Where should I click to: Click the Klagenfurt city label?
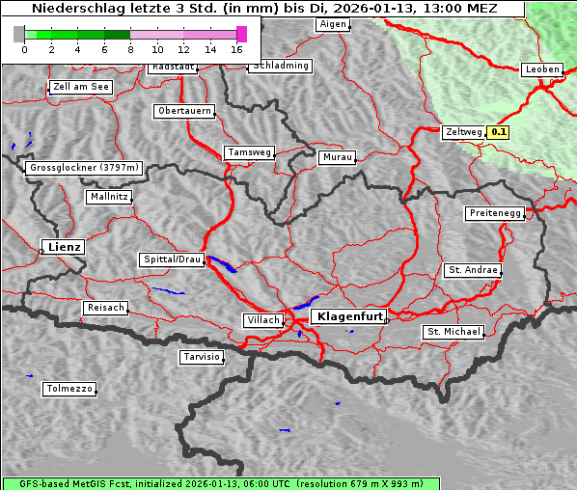[348, 315]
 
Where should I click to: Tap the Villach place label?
[261, 319]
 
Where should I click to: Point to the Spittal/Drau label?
[172, 259]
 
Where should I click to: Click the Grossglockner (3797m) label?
[84, 168]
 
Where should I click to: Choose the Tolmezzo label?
[69, 389]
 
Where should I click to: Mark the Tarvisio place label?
[202, 357]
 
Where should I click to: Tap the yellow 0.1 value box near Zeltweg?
[498, 132]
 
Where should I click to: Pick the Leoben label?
[541, 69]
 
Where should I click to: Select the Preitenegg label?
[495, 213]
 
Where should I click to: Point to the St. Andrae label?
[472, 270]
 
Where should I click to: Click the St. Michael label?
[453, 332]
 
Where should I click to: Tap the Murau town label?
[337, 156]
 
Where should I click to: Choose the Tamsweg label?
[249, 152]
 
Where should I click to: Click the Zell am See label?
[81, 87]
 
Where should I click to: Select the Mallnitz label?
[108, 197]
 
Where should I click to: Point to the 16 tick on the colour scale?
[237, 49]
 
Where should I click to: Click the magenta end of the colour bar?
[241, 34]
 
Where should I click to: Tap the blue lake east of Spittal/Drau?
[221, 263]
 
